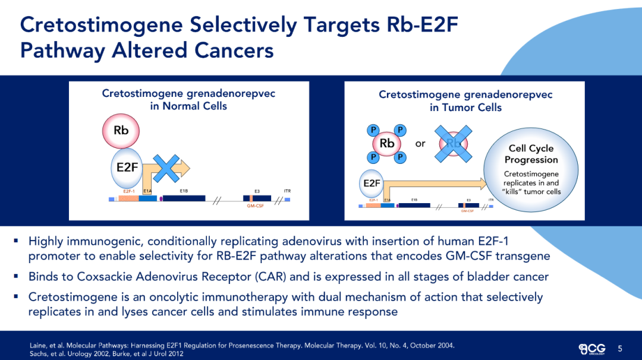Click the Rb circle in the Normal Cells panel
tap(121, 130)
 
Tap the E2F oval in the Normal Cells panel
tap(127, 167)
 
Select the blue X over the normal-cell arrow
tap(168, 169)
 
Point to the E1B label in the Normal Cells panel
tap(184, 191)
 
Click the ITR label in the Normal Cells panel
tap(287, 191)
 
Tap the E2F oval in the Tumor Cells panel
tap(372, 183)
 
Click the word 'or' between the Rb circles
tap(420, 143)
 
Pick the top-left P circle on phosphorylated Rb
tap(373, 130)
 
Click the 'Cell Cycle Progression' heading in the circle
tap(531, 154)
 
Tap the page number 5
tap(620, 348)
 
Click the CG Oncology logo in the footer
tap(593, 348)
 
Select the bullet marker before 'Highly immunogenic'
tap(16, 241)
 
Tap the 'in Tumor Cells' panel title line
tap(465, 108)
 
